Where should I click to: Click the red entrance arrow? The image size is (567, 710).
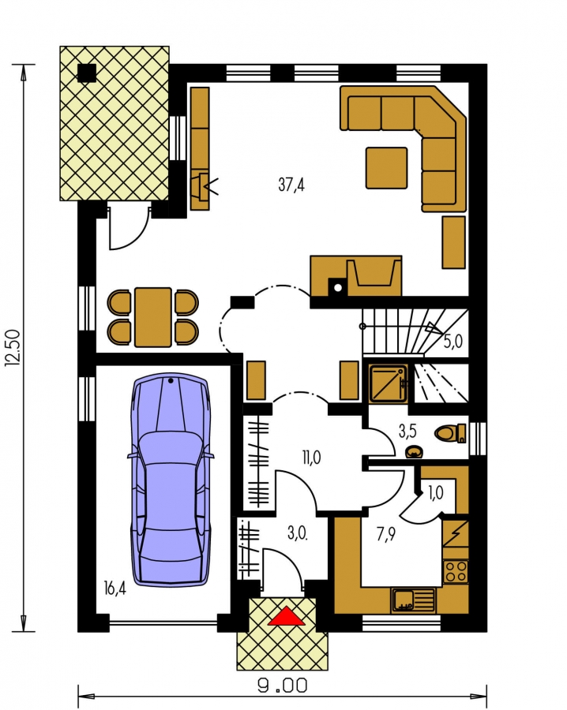tap(286, 617)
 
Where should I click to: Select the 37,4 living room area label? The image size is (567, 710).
tap(291, 185)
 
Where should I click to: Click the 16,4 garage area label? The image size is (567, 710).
tap(115, 589)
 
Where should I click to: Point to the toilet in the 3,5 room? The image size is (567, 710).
tap(450, 433)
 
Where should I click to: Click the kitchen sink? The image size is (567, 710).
tap(412, 600)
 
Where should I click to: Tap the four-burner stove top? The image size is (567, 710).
tap(456, 571)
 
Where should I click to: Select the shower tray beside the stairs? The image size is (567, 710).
tap(388, 383)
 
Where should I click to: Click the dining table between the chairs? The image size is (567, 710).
tap(153, 317)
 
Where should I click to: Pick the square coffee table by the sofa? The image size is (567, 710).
tap(387, 167)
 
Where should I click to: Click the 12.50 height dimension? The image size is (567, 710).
tap(13, 347)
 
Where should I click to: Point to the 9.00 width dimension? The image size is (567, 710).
tap(283, 685)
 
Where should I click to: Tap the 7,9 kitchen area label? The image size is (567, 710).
tap(385, 535)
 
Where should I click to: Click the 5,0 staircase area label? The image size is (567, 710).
tap(452, 342)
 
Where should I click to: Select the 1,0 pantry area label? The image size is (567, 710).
tap(436, 493)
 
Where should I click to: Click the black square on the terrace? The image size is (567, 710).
tap(87, 73)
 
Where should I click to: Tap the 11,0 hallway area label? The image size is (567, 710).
tap(311, 458)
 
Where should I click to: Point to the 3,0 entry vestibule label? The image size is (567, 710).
tap(298, 533)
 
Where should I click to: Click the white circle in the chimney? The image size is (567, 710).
tap(338, 287)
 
